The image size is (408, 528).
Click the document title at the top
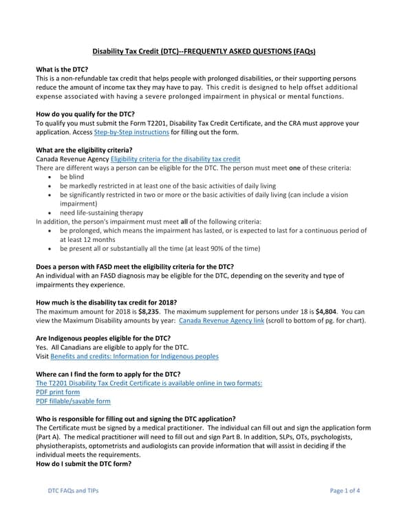point(204,52)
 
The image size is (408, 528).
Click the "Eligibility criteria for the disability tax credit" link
point(180,159)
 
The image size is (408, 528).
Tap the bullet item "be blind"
point(72,177)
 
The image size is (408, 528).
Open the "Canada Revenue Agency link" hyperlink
point(221,320)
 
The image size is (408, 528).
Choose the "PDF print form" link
point(58,392)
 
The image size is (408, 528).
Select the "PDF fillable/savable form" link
point(73,401)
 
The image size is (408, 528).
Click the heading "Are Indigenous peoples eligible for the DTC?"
point(103,338)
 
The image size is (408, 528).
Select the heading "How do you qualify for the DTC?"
point(85,114)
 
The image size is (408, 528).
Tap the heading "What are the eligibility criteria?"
point(84,150)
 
